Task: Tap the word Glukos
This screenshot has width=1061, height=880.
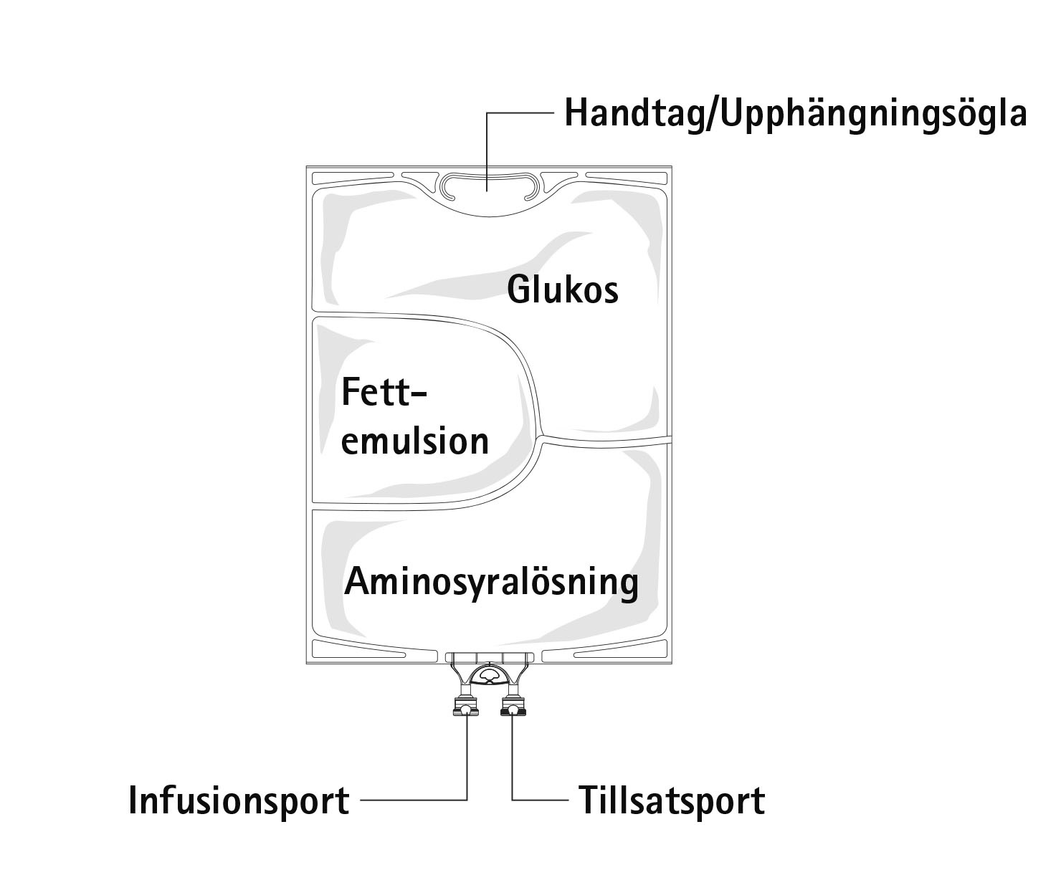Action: [x=562, y=291]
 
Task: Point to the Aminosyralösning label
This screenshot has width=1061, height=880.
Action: [x=491, y=582]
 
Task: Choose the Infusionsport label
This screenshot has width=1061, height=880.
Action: [x=239, y=800]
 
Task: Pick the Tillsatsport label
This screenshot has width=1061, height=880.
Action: [x=672, y=800]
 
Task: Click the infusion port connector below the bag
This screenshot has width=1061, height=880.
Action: [x=466, y=708]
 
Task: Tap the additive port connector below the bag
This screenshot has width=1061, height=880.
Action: [x=513, y=708]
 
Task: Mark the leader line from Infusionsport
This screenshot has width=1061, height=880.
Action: [x=416, y=800]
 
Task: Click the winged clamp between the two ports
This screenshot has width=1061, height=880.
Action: [x=490, y=674]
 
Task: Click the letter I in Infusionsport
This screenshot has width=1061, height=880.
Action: [x=133, y=800]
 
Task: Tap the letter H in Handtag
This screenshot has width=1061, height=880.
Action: [x=576, y=113]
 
